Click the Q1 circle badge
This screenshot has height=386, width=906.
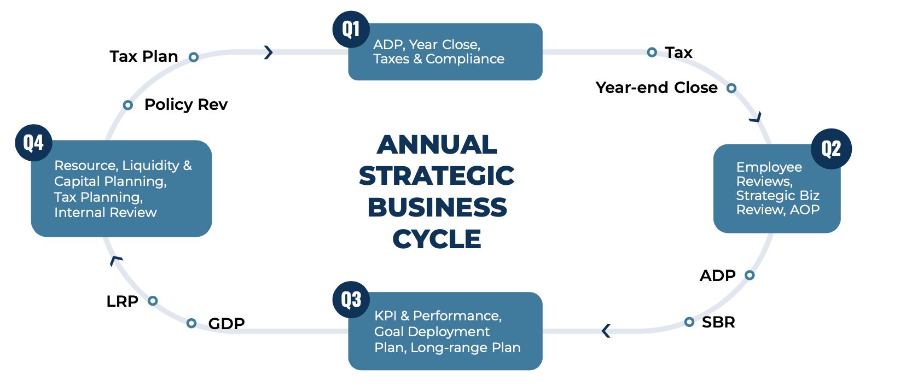coord(351,29)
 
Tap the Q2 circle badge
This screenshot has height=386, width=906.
coord(831,149)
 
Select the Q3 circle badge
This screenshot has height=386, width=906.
coord(351,300)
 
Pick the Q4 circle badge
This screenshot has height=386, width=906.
coord(33,143)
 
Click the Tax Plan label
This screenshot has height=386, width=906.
coord(143,56)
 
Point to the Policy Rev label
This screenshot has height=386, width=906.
coord(186,104)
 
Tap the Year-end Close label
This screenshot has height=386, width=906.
coord(657,87)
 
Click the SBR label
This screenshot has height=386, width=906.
coord(718,322)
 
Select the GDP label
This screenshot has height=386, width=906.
coord(226,323)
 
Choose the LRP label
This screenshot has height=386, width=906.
coord(122,301)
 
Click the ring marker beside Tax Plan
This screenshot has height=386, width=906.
coord(194,57)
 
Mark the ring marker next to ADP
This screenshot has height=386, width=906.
coord(750,275)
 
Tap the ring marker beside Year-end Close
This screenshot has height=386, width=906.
coord(731,88)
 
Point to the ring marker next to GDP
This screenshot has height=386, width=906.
coord(191,323)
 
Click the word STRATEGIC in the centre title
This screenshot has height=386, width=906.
coord(437,176)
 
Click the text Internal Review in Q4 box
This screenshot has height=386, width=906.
coord(105,213)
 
